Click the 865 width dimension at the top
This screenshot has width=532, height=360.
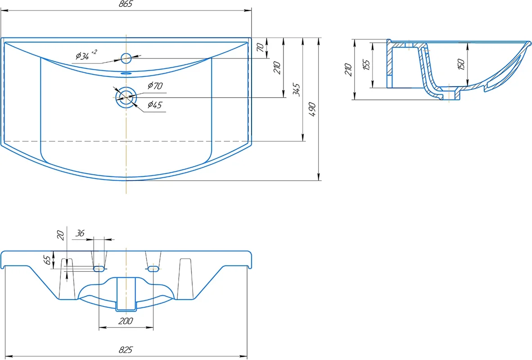click(126, 4)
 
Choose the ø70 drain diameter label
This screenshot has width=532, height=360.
click(154, 85)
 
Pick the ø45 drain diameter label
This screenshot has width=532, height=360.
click(154, 105)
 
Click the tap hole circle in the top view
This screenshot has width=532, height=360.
click(126, 58)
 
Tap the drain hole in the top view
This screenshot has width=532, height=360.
click(126, 97)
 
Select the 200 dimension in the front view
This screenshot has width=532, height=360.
click(126, 321)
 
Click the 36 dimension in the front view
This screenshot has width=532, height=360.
click(80, 234)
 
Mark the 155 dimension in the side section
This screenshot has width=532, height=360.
click(366, 65)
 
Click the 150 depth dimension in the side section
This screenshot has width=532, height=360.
click(460, 64)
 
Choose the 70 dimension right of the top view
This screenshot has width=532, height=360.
click(260, 48)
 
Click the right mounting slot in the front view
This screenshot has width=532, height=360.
click(153, 269)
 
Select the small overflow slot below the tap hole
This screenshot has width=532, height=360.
click(126, 72)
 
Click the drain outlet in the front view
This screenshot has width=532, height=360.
click(126, 294)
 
